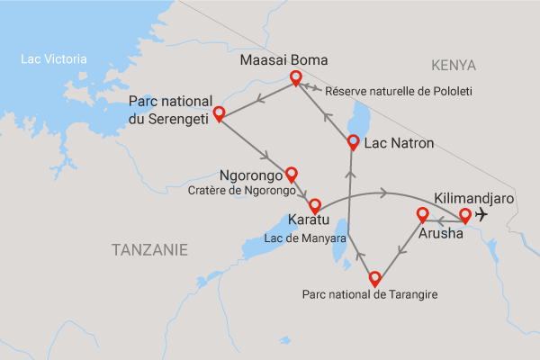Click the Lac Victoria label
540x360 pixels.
pyautogui.click(x=55, y=60)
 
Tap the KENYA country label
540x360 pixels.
pyautogui.click(x=453, y=65)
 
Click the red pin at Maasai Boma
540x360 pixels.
pyautogui.click(x=294, y=79)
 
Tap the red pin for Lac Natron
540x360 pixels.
pyautogui.click(x=353, y=141)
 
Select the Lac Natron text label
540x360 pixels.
pyautogui.click(x=401, y=141)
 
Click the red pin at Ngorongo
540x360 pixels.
pyautogui.click(x=290, y=174)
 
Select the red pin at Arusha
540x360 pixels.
pyautogui.click(x=421, y=215)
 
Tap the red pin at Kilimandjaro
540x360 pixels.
pyautogui.click(x=465, y=215)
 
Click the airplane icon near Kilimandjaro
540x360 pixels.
pyautogui.click(x=481, y=214)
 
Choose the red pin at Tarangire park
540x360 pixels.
pyautogui.click(x=373, y=279)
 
